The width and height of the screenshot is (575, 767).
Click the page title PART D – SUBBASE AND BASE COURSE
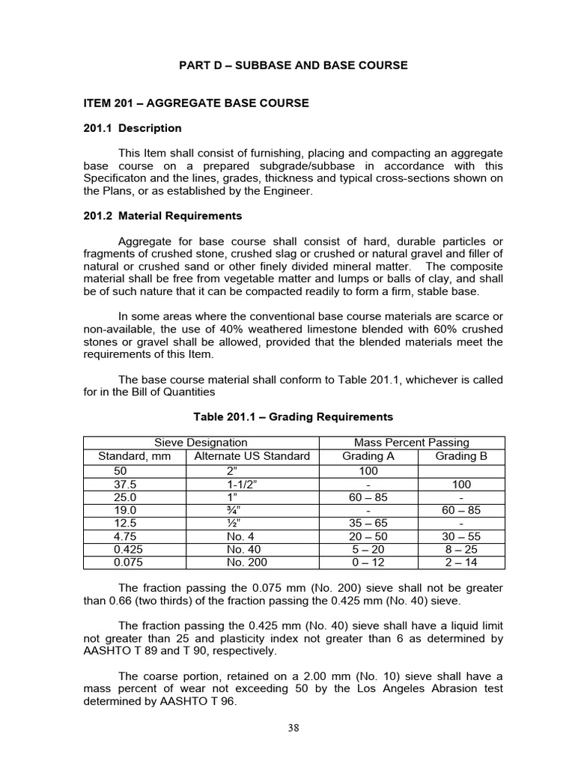point(293,65)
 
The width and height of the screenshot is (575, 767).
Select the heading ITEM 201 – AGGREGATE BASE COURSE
point(195,103)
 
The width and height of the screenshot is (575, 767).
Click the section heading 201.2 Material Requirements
point(162,216)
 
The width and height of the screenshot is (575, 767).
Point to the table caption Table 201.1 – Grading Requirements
point(293,416)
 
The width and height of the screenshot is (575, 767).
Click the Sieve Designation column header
point(201,443)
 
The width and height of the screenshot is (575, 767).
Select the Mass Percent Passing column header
point(412,443)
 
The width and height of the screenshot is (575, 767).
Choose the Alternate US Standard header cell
point(252,456)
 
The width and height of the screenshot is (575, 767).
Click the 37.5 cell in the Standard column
point(121,485)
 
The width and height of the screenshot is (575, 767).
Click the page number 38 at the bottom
point(293,728)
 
